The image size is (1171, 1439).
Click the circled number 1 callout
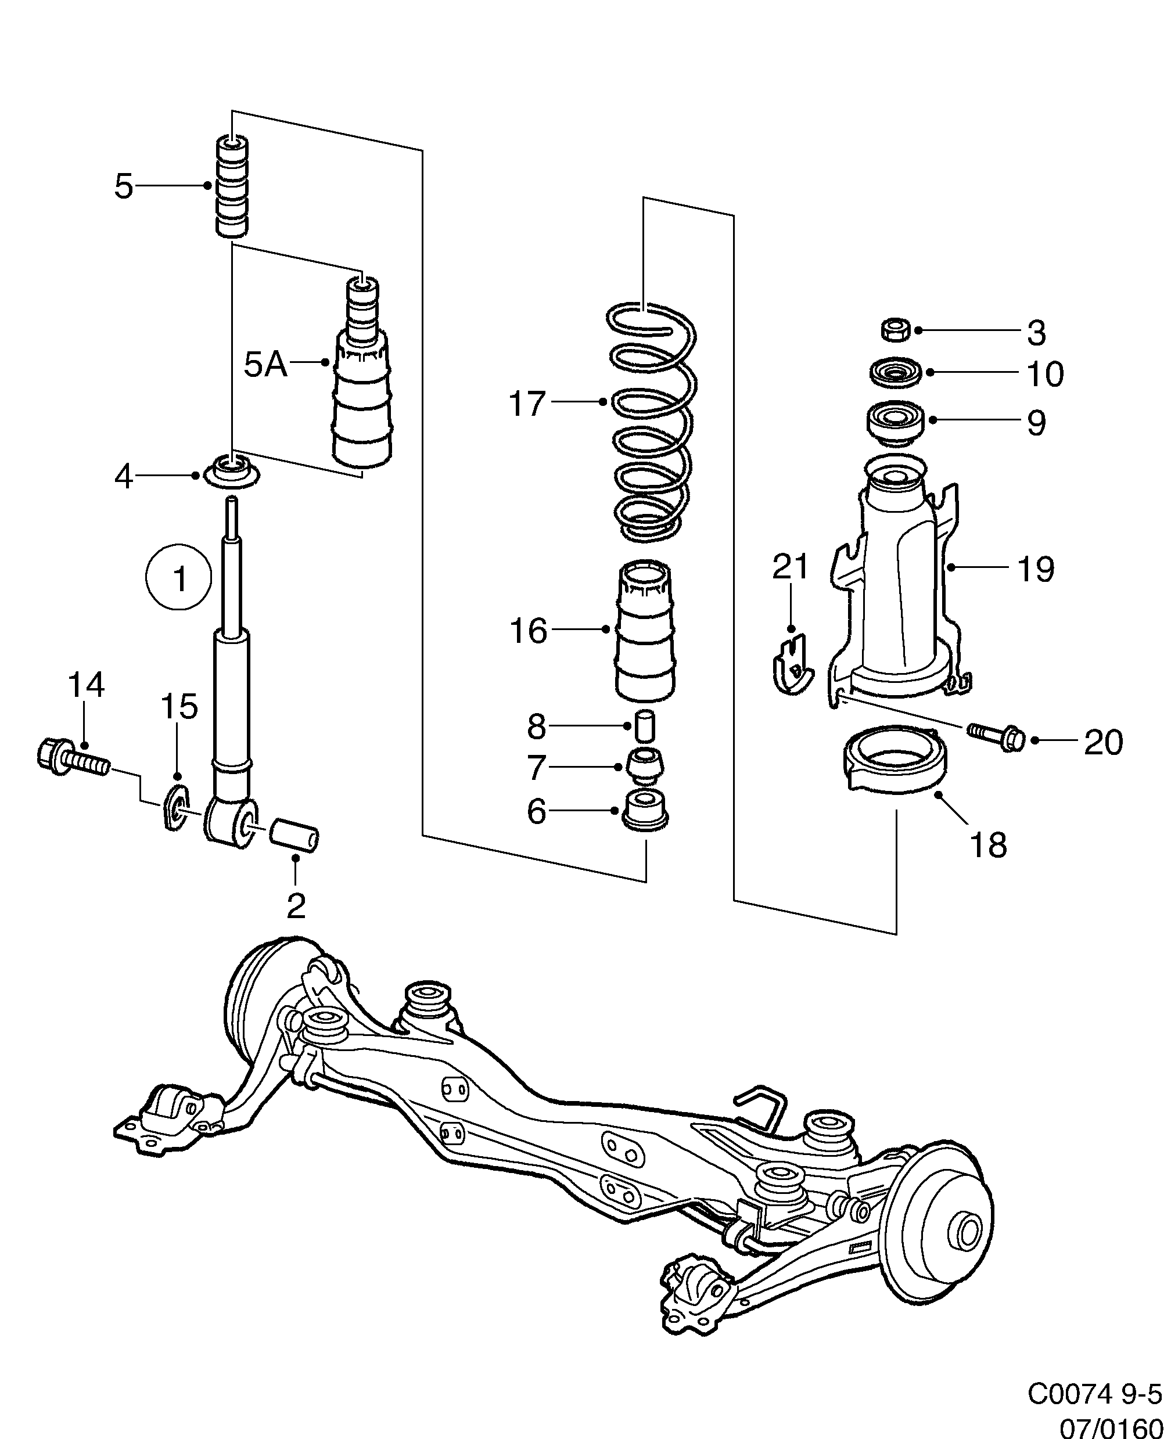point(179,577)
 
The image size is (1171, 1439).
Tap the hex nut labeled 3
point(896,330)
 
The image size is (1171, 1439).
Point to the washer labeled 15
point(175,808)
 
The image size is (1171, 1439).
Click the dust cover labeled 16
point(645,631)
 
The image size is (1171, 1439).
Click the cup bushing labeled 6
point(645,811)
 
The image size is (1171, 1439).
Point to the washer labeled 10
point(895,372)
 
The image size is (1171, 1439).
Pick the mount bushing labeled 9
point(895,423)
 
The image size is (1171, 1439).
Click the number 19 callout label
point(1036,569)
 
